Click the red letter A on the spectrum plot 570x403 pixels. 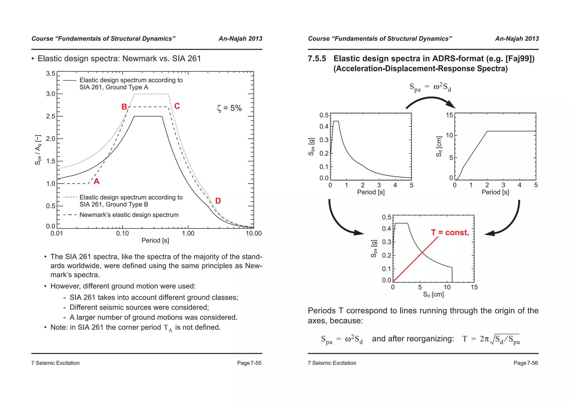[x=97, y=181]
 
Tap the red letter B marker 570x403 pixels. [x=124, y=107]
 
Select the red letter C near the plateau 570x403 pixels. [x=177, y=106]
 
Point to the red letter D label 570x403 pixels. [x=218, y=201]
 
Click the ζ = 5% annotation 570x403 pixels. [x=229, y=108]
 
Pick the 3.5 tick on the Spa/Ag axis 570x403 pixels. [x=50, y=74]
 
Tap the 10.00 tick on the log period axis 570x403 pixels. [x=254, y=234]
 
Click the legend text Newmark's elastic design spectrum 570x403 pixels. [x=129, y=215]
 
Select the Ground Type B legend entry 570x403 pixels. [x=131, y=201]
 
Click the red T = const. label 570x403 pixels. [x=450, y=233]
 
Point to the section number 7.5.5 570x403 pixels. [x=317, y=59]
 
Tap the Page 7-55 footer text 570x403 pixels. [x=249, y=363]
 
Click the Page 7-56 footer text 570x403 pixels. [x=525, y=363]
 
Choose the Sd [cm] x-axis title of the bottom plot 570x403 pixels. [x=433, y=294]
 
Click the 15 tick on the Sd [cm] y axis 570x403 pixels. [x=449, y=115]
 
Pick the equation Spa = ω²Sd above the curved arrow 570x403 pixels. [x=430, y=87]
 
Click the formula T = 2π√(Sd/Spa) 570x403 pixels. [x=491, y=339]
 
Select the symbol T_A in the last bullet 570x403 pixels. [x=168, y=328]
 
